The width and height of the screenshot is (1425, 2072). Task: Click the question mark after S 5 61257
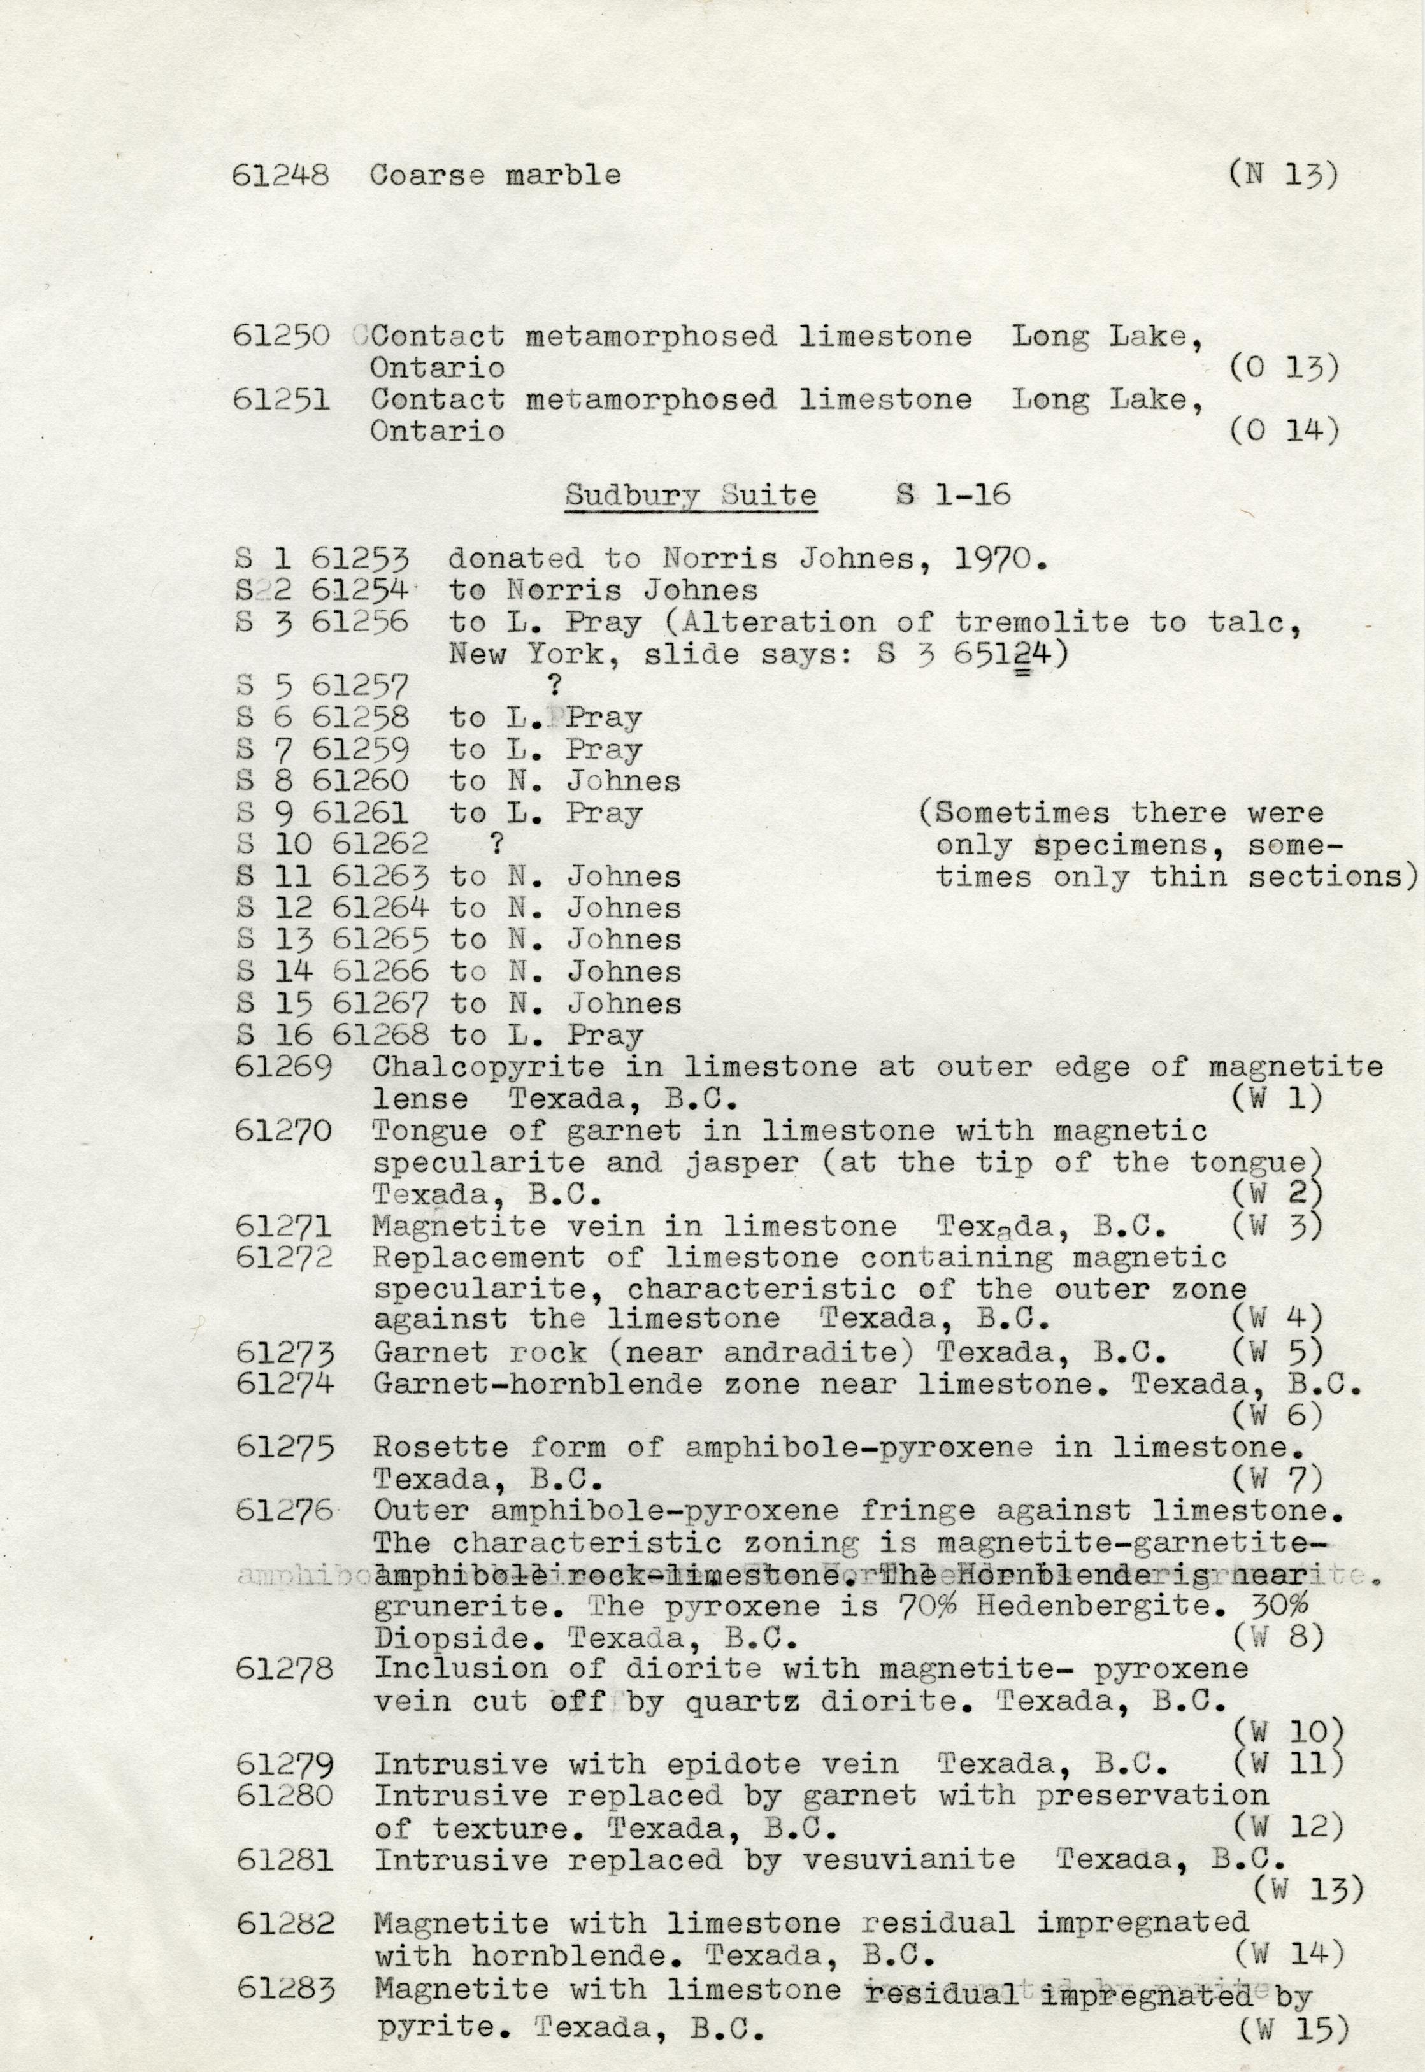pyautogui.click(x=554, y=685)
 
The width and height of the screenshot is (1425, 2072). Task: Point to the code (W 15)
pyautogui.click(x=1291, y=2050)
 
